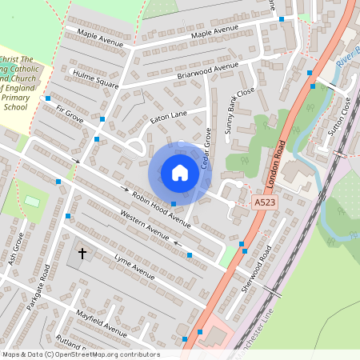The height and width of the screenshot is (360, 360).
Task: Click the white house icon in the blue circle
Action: click(180, 172)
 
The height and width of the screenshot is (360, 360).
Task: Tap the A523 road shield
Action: click(264, 204)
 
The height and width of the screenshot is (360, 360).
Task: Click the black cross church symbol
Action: click(82, 254)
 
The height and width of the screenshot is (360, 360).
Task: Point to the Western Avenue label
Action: click(144, 225)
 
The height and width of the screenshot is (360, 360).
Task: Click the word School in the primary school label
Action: click(17, 106)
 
